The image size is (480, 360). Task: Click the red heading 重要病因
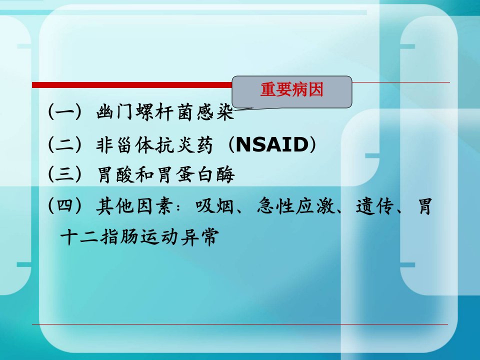coord(291,89)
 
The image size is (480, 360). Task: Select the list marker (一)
coord(65,111)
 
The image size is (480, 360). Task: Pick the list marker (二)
coord(65,144)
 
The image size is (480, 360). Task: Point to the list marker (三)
coord(65,174)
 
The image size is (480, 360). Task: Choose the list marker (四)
coord(65,205)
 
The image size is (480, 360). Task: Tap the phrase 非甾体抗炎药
coord(154,144)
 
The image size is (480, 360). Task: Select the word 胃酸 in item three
coord(116,174)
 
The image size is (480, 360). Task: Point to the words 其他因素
coord(134,205)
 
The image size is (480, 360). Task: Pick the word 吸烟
coord(214,205)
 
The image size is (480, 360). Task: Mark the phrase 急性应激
coord(296,205)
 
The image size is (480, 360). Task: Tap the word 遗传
coord(374,205)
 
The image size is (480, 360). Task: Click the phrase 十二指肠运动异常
coord(139,236)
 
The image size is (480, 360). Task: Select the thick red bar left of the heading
coord(132,85)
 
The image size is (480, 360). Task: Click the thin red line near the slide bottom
coord(239,324)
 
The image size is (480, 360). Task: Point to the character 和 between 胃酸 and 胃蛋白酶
coord(145,174)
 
